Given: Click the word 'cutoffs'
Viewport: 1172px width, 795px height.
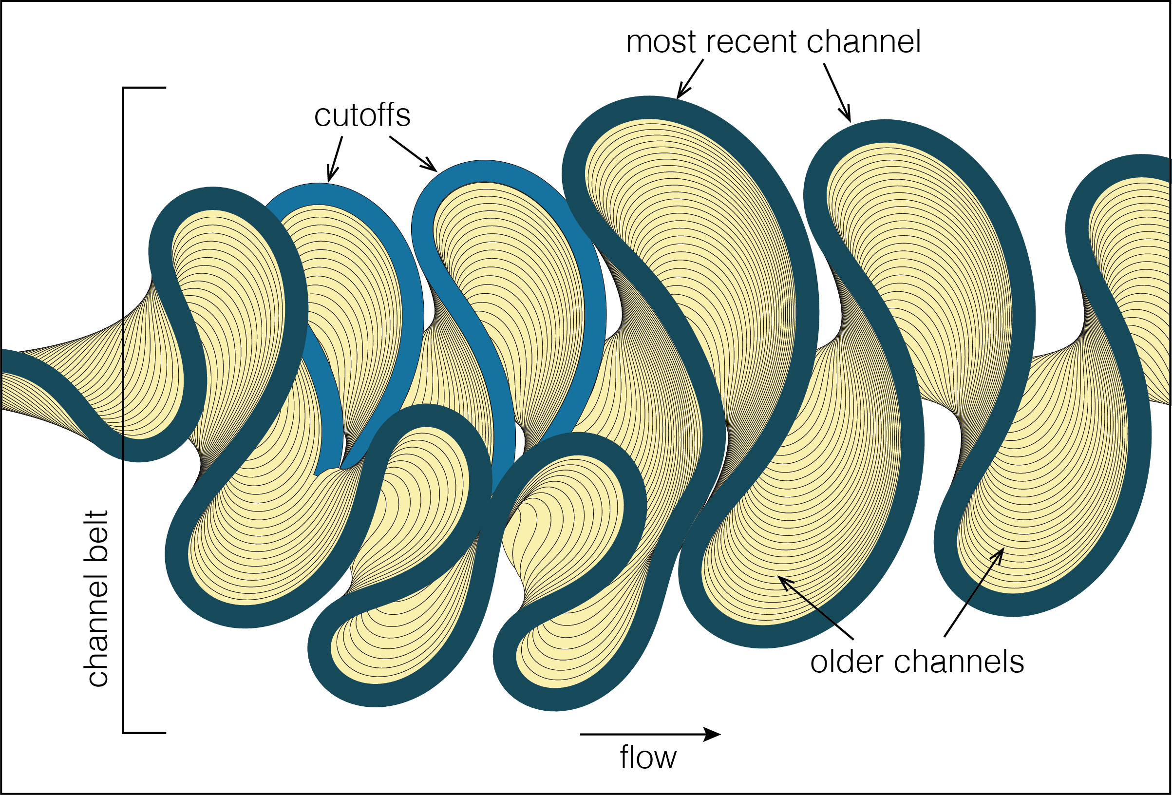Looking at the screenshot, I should coord(362,116).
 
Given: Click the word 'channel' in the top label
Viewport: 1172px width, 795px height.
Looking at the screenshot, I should coord(863,42).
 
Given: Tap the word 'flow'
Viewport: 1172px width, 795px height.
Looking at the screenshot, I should coord(648,758).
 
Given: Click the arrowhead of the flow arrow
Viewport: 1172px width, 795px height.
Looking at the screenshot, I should coord(713,735).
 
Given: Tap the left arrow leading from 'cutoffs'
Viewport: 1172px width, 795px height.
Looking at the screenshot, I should coord(335,159).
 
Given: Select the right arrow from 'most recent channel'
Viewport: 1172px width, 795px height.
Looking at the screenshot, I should coord(838,93).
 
